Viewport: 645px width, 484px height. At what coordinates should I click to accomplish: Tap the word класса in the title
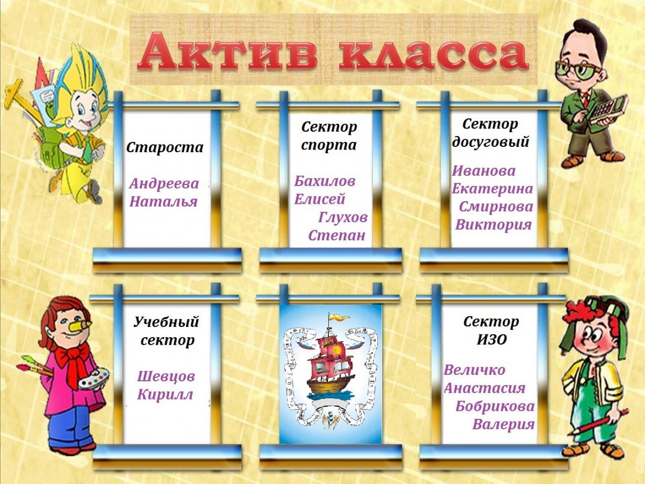tap(432, 53)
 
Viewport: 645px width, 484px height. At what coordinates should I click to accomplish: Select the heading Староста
tap(164, 147)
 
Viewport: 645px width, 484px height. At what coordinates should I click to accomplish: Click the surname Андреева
tap(164, 184)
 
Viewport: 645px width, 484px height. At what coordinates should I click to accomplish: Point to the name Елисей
tap(319, 200)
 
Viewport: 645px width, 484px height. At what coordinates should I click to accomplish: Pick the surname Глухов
tap(343, 217)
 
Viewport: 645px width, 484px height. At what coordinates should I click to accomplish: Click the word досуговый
tap(491, 142)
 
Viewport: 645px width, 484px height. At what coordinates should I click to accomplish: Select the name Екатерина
tap(492, 189)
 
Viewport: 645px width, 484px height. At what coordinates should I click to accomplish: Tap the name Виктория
tap(493, 225)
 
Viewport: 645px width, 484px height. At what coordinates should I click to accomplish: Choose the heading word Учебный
tap(166, 322)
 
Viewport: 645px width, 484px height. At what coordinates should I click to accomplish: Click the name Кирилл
tap(165, 395)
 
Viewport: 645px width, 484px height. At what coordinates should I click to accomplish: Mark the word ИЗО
tap(491, 340)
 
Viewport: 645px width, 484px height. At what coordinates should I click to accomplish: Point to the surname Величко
tap(475, 370)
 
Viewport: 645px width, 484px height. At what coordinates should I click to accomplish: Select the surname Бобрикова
tap(495, 406)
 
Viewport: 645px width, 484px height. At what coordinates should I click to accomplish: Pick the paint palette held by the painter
tap(93, 379)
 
